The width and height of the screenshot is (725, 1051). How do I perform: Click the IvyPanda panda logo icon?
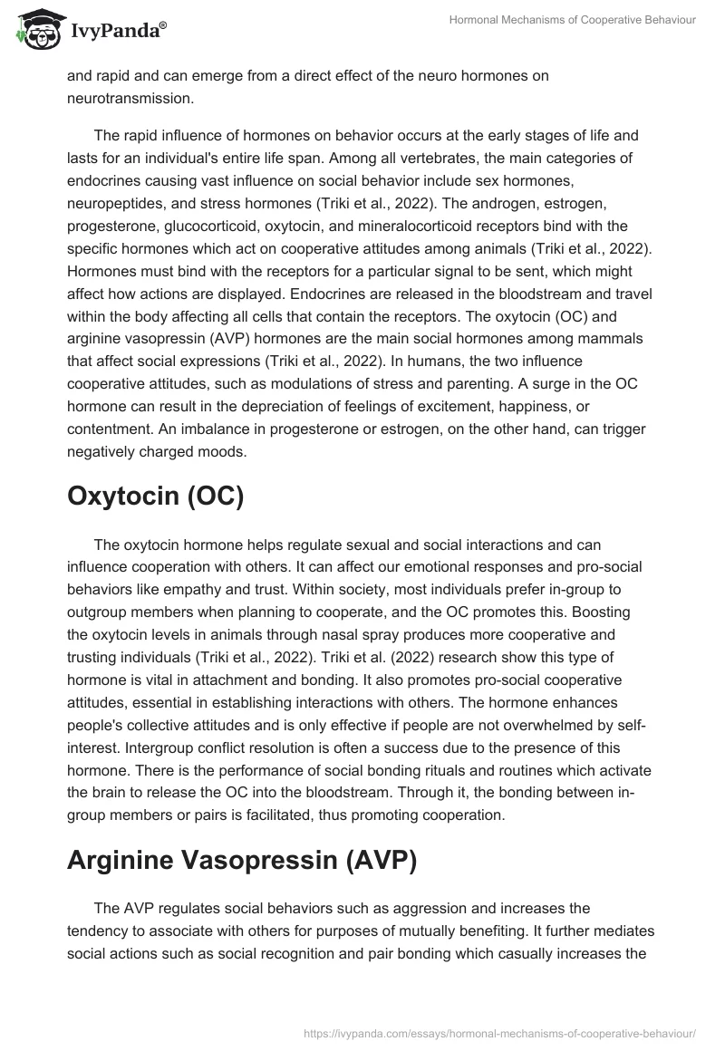(x=37, y=31)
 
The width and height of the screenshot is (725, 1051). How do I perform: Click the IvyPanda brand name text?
(x=116, y=33)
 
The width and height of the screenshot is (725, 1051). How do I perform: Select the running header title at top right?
(x=573, y=20)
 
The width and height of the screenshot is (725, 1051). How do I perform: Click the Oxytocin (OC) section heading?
(x=155, y=498)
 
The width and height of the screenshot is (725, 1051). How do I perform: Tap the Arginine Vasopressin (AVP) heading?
(x=242, y=861)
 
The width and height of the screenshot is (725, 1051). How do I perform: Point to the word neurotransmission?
(x=131, y=96)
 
